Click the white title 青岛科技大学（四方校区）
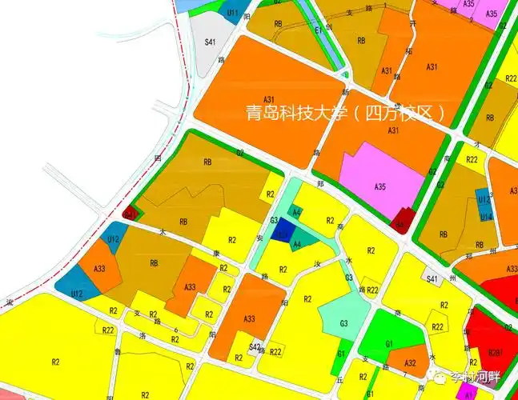point(346,112)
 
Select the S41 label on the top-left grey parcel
point(211,42)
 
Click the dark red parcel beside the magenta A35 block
point(404,219)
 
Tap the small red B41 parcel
point(131,214)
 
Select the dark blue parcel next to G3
point(281,232)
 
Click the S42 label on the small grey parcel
point(255,346)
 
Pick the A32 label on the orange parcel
point(409,362)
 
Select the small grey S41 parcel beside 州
point(433,278)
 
